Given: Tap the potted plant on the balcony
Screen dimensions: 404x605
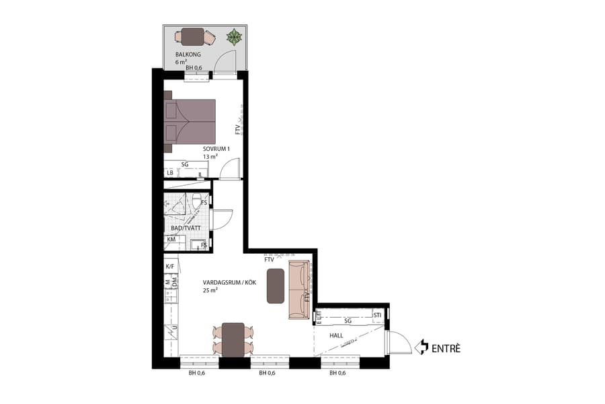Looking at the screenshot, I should (233, 36).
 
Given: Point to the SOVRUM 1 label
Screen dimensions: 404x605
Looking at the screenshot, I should (216, 149).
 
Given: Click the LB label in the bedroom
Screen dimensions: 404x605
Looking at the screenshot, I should (171, 173).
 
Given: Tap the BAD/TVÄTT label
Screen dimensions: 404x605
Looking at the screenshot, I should (186, 229).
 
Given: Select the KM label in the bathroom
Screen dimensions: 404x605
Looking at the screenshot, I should (171, 239).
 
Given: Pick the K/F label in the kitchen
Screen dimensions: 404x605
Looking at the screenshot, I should (170, 267).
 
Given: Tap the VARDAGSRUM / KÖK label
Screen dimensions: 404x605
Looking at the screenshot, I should (231, 283).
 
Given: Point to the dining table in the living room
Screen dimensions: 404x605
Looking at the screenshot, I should (233, 337).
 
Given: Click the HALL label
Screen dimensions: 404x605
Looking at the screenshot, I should (337, 335).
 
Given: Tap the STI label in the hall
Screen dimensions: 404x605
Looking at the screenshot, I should (378, 314).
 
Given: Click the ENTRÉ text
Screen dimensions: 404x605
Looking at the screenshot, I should (446, 348).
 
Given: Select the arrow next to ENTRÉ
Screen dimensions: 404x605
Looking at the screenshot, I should (423, 347).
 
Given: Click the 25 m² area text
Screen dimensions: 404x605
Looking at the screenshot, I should (210, 291).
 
